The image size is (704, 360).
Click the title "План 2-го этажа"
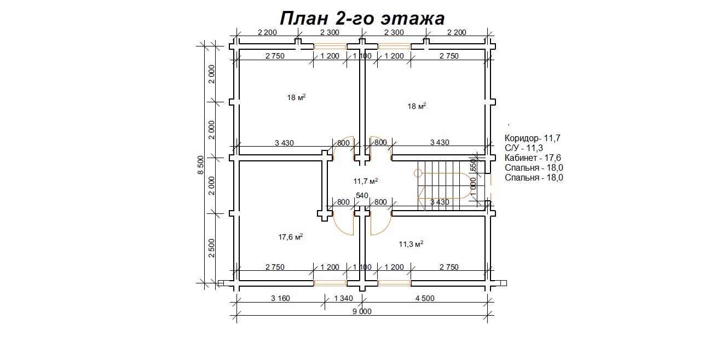(x=362, y=18)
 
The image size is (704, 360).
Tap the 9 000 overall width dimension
(x=362, y=311)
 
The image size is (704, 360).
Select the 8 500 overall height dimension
(x=200, y=165)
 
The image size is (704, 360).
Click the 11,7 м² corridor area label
(x=366, y=181)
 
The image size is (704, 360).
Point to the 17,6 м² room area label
(x=290, y=237)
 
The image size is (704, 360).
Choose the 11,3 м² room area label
(x=411, y=244)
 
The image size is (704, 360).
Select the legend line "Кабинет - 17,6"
(x=533, y=158)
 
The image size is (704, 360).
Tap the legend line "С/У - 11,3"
(x=524, y=148)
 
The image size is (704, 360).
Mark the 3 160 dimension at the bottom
(x=280, y=298)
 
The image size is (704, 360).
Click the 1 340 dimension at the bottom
(x=343, y=298)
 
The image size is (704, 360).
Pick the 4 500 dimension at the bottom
(x=425, y=298)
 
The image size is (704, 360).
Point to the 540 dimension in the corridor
(x=362, y=195)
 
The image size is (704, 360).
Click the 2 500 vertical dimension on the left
(x=211, y=248)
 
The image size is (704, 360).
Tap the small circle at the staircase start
(x=418, y=173)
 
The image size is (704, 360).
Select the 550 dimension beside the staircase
(x=473, y=165)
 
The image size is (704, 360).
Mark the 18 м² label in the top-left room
(x=296, y=97)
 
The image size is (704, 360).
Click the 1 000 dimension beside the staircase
(x=473, y=187)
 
